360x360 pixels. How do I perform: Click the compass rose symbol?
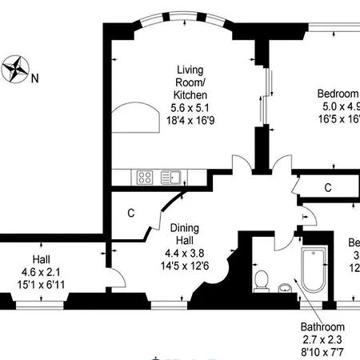tap(14, 70)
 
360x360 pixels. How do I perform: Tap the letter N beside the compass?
tap(34, 78)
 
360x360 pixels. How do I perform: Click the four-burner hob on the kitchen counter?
tap(146, 176)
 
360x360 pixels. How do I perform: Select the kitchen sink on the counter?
tap(170, 176)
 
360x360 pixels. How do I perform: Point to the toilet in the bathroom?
tap(261, 278)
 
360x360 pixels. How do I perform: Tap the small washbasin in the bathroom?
tap(286, 287)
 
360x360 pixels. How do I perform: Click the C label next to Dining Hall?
tap(131, 214)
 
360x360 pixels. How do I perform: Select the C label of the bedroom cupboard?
tap(328, 188)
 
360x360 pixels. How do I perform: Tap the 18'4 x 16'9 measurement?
tap(190, 121)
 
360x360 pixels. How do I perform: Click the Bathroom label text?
tap(322, 326)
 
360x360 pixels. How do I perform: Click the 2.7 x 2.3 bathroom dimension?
tap(322, 339)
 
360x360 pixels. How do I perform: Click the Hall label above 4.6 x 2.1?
tap(41, 260)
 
